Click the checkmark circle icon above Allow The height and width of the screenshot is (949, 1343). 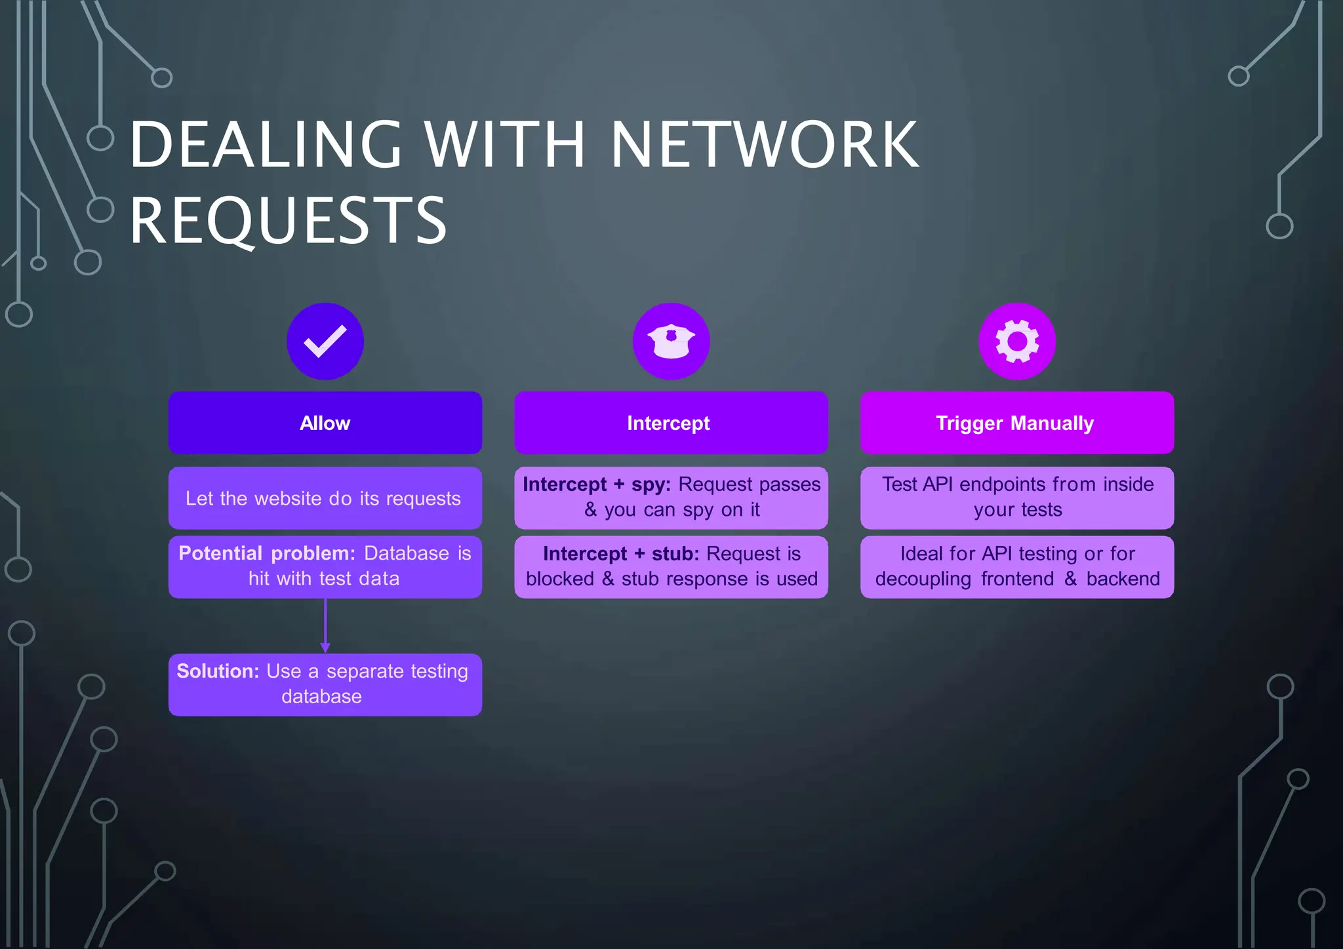click(x=325, y=341)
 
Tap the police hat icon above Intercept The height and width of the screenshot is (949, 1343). click(x=671, y=341)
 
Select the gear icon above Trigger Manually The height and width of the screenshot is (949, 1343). click(x=1016, y=341)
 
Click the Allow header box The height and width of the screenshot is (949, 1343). click(x=325, y=423)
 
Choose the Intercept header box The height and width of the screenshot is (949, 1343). click(x=671, y=423)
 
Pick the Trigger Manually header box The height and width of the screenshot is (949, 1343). click(x=1016, y=423)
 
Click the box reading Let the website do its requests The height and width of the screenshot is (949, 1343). click(x=325, y=498)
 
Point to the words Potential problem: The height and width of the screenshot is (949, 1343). click(x=266, y=553)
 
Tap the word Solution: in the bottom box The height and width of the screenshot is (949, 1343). click(x=218, y=671)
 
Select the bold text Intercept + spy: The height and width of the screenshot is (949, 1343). click(x=596, y=484)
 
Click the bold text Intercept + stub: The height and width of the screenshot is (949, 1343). click(x=620, y=554)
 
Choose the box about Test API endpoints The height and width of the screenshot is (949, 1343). click(x=1016, y=497)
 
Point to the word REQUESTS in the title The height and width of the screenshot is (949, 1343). click(x=288, y=221)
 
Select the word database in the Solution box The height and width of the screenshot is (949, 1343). click(x=321, y=696)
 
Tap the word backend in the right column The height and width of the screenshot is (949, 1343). click(x=1123, y=579)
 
